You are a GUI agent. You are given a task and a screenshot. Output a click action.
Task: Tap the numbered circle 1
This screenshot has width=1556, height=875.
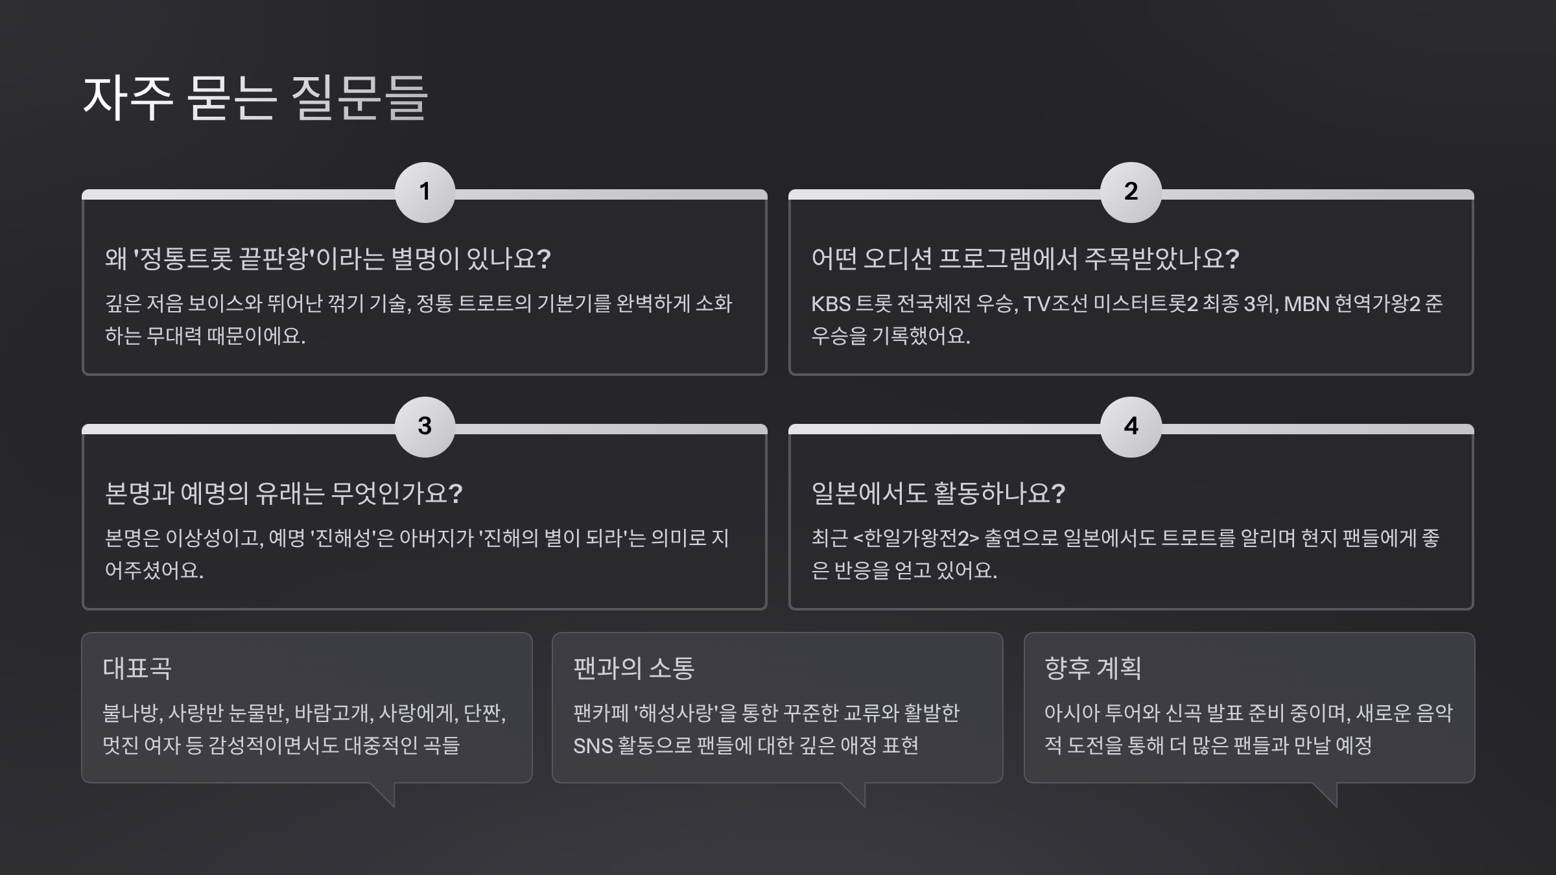(425, 192)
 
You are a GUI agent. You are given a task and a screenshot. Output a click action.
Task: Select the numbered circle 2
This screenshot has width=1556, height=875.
(1131, 192)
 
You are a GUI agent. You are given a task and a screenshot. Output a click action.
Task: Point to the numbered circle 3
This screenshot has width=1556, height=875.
(425, 426)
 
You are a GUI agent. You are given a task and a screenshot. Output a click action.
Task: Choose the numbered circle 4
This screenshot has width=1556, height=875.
(1131, 426)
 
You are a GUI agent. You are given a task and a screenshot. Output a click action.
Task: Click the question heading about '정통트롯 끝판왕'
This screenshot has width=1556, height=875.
(327, 259)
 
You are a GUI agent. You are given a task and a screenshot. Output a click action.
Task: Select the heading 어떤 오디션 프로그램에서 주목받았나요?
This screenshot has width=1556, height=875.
(1025, 259)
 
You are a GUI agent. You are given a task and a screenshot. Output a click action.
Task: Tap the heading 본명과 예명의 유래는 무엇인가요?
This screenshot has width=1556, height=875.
(283, 493)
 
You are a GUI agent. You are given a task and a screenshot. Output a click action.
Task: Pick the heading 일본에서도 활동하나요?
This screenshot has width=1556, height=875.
(938, 493)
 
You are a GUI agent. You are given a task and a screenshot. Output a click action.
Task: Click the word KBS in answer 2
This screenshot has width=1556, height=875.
(831, 304)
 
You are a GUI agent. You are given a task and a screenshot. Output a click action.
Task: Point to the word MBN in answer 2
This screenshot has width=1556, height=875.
(1306, 304)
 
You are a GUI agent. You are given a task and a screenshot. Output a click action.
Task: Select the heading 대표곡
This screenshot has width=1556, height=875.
(137, 668)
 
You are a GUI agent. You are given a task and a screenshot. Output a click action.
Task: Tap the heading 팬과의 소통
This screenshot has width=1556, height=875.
(633, 668)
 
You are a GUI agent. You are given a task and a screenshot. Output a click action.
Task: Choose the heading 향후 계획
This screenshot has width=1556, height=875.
(1092, 668)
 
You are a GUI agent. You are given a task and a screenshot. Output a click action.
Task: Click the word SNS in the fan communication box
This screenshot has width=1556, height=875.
(593, 746)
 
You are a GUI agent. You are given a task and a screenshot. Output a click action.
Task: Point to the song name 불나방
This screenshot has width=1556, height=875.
(130, 714)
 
